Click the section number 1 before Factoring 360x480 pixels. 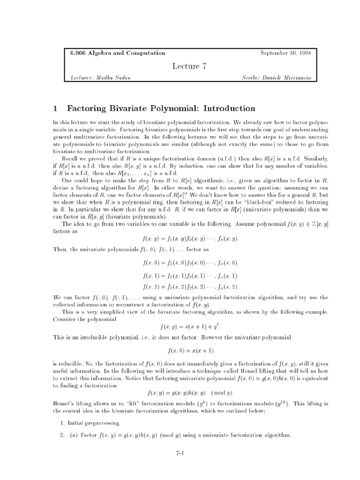[x=55, y=109]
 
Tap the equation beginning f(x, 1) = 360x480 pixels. [x=190, y=275]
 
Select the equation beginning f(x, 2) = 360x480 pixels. [x=190, y=286]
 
